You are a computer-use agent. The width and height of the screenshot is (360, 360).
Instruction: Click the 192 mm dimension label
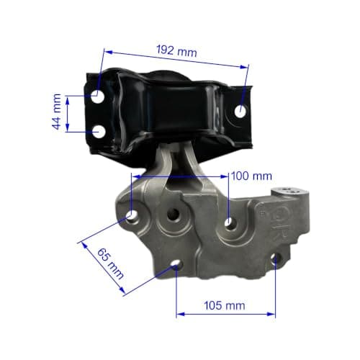pos(176,51)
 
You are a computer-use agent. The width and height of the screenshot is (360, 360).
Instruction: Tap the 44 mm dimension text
pos(57,112)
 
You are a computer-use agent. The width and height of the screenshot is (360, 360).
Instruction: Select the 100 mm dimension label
pos(251,176)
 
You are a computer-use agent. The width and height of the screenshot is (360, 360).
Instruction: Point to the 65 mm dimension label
pos(110,264)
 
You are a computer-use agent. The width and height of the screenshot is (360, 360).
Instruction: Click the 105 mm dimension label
pos(225,306)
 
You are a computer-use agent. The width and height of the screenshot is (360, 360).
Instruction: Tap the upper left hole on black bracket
pos(98,96)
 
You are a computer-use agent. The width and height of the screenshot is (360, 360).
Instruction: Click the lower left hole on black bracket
pos(99,132)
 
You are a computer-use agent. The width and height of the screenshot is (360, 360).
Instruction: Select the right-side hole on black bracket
pos(240,112)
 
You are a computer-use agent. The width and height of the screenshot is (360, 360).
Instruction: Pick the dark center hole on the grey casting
pos(174,213)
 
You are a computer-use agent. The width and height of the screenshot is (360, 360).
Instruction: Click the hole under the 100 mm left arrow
pos(132,215)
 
